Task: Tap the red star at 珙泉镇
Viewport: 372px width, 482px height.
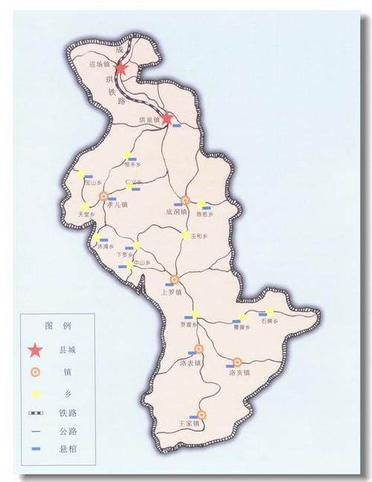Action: tap(169, 118)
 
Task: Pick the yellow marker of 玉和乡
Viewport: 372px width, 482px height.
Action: tap(185, 235)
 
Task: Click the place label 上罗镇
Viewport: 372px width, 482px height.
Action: tap(172, 293)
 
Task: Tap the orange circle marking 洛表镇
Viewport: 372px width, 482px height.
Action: tap(199, 349)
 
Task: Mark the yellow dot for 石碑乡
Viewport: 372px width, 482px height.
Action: tap(269, 311)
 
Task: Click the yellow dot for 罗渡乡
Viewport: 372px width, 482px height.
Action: tap(196, 314)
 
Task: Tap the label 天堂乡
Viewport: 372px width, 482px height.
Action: tap(88, 215)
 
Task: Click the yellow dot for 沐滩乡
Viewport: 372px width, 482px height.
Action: tap(96, 238)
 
